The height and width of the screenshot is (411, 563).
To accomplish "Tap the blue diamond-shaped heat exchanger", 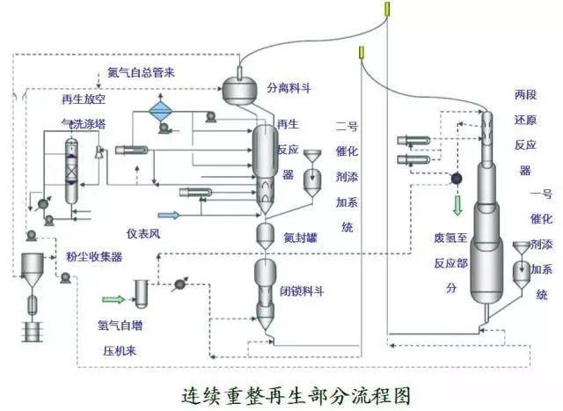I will [x=160, y=110].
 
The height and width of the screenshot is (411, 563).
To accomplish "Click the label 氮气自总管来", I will [x=141, y=72].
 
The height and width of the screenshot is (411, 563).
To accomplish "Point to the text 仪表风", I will [x=141, y=234].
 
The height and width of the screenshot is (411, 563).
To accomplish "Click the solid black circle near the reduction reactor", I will [x=457, y=178].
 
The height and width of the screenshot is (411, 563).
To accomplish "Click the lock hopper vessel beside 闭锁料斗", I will [x=267, y=286].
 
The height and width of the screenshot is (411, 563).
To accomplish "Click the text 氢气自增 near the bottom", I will [x=120, y=323].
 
